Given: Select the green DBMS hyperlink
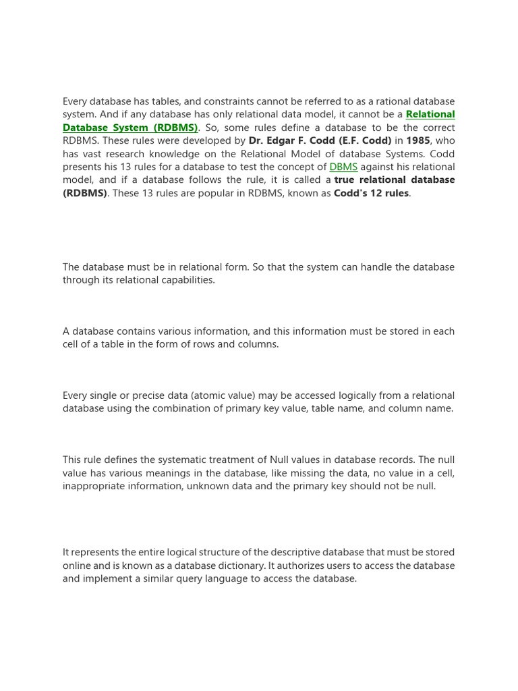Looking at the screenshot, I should (x=343, y=167).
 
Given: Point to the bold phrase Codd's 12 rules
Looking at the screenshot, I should (x=372, y=193).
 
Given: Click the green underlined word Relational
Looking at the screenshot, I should (x=430, y=114).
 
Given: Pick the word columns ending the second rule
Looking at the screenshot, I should (x=259, y=344).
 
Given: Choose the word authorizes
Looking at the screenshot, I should (x=297, y=565).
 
